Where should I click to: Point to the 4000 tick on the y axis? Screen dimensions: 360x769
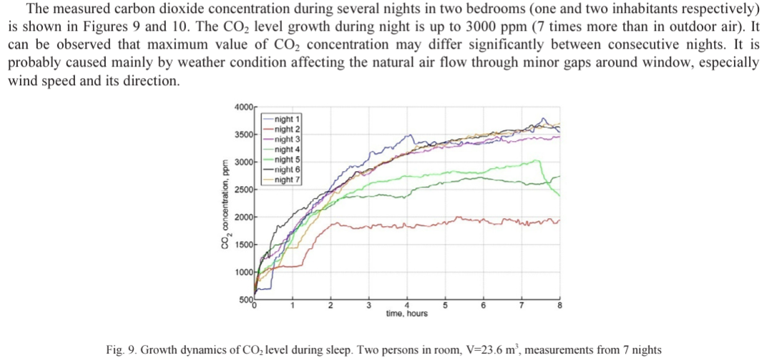point(243,107)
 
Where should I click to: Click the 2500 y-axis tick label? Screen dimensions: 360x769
point(243,190)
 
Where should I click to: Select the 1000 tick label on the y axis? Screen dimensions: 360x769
point(243,273)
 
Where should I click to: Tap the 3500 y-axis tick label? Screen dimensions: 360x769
point(243,135)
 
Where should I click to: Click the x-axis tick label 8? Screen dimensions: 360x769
point(559,306)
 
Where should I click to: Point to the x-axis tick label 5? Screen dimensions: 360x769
point(445,306)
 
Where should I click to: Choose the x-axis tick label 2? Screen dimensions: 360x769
point(330,306)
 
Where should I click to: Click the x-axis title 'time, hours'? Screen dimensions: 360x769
point(406,313)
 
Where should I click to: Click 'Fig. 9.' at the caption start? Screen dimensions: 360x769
point(120,349)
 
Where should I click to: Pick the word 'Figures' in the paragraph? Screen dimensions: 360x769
point(97,29)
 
